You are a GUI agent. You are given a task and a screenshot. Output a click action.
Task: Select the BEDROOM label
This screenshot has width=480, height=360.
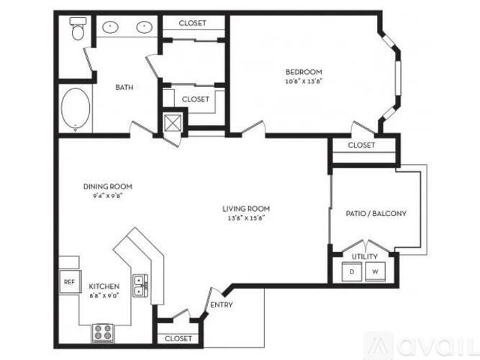[304, 72]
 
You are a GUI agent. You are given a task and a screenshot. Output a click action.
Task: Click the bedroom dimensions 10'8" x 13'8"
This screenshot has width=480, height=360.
[304, 81]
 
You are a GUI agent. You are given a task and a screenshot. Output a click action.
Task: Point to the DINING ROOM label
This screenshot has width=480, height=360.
[108, 186]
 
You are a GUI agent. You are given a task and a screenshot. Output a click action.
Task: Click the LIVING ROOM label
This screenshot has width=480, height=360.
[240, 210]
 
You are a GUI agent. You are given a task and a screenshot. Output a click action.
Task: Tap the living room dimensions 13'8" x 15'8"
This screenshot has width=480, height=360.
[240, 218]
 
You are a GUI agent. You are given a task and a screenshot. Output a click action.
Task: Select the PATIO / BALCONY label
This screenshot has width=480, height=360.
[377, 213]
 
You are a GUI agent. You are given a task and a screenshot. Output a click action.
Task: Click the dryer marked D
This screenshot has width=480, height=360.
[352, 272]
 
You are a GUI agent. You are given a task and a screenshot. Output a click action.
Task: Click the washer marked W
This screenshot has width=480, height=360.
[375, 272]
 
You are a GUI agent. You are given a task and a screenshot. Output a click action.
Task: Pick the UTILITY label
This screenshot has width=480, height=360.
[363, 257]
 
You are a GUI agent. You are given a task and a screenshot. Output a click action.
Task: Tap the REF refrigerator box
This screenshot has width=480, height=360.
[69, 282]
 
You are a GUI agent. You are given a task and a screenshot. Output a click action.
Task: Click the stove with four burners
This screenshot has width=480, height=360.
[101, 333]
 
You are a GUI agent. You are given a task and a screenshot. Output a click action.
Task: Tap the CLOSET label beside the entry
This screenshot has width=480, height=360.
[178, 338]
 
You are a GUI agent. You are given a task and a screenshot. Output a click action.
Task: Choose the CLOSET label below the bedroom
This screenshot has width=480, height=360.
[361, 145]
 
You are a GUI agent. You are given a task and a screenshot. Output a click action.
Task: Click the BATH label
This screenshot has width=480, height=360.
[124, 88]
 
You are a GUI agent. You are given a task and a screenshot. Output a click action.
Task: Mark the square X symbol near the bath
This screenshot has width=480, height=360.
[173, 122]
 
